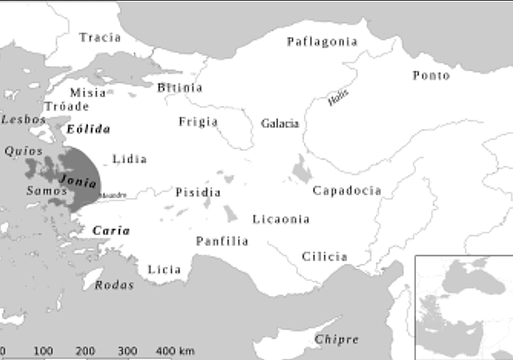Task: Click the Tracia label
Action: click(100, 38)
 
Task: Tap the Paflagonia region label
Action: click(322, 42)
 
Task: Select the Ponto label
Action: click(431, 75)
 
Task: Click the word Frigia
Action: click(198, 122)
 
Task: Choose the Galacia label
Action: click(280, 123)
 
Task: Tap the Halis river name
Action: click(338, 99)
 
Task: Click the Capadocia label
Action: click(347, 191)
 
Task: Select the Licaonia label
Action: click(281, 219)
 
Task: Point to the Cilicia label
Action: click(325, 257)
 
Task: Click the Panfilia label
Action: click(222, 241)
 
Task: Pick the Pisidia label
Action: click(198, 192)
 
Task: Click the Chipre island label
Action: click(337, 339)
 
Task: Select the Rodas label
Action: click(115, 285)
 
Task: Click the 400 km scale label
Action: click(176, 351)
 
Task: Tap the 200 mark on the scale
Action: click(86, 351)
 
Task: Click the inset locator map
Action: click(463, 307)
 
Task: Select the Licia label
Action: click(164, 269)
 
